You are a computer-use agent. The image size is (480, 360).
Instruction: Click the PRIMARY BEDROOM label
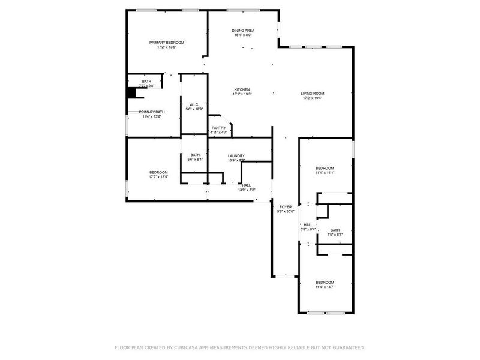(167, 43)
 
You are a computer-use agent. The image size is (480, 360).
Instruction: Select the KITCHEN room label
(242, 89)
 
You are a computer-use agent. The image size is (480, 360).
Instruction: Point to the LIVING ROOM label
(313, 93)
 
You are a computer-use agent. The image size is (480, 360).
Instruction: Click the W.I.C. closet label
(194, 104)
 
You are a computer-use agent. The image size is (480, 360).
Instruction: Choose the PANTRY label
(218, 128)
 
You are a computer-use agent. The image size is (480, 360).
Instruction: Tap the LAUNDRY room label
(236, 156)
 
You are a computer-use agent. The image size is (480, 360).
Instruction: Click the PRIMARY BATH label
(152, 112)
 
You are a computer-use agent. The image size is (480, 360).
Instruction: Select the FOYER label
(286, 206)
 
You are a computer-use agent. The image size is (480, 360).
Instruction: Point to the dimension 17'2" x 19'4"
(313, 98)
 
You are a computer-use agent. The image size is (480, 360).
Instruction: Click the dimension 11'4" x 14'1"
(325, 172)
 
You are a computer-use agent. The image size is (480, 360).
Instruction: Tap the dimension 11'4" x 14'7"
(325, 287)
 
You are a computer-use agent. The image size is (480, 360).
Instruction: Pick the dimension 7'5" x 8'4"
(335, 235)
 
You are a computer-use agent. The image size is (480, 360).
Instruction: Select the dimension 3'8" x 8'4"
(308, 229)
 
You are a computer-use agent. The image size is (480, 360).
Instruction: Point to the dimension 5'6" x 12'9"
(194, 109)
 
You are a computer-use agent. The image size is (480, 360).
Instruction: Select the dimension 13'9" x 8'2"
(247, 190)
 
